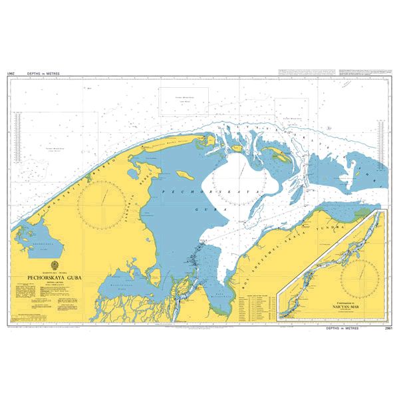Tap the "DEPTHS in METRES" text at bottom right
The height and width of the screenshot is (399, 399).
tap(346, 329)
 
